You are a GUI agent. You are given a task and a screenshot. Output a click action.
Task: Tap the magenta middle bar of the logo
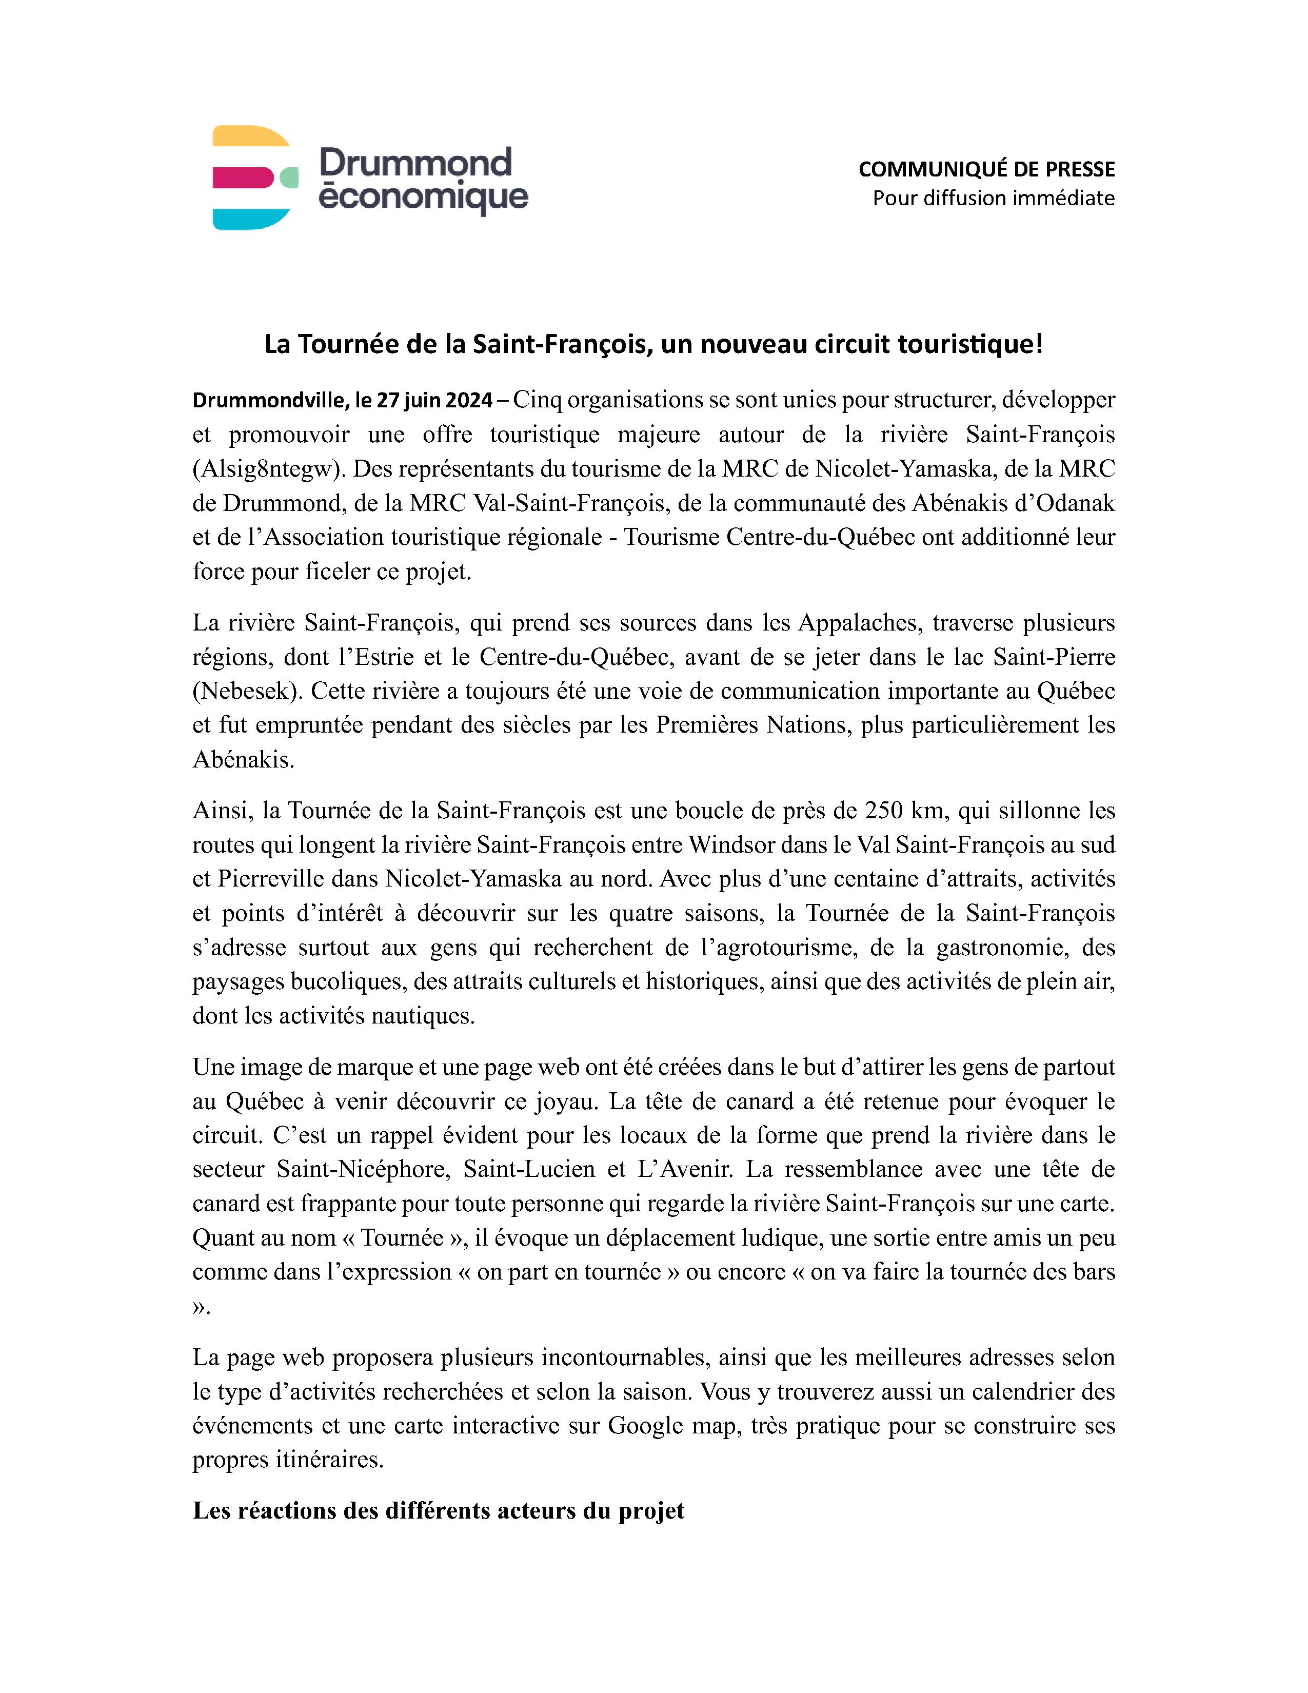240,178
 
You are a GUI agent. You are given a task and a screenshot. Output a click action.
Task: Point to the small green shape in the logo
288,177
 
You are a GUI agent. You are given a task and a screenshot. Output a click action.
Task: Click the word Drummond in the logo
415,163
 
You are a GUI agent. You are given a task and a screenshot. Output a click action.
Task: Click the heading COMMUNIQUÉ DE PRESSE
986,169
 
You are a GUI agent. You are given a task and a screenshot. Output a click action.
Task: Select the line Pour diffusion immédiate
994,199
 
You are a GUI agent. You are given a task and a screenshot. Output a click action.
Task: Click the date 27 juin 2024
434,401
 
